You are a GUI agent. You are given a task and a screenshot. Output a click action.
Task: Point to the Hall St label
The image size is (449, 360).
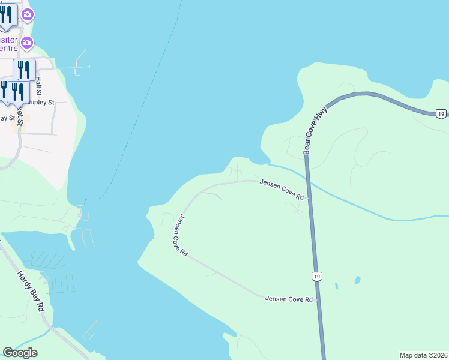38,86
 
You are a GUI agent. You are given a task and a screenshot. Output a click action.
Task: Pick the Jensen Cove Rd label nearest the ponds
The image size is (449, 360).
289,298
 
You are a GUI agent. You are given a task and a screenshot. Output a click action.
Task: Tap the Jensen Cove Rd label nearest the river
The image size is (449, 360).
282,190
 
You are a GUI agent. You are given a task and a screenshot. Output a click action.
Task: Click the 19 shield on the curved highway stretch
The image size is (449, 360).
441,113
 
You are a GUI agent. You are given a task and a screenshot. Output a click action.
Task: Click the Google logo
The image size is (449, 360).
20,353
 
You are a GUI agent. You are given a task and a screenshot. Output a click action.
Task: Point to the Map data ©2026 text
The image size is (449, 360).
423,355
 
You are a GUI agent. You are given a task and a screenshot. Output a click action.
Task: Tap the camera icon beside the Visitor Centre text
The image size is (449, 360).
27,42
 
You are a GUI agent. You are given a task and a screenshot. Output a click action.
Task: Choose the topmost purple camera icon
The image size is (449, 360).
28,14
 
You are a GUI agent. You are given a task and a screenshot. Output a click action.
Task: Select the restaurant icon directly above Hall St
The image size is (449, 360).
25,69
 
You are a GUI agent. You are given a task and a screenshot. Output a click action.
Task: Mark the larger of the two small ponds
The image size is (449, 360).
358,280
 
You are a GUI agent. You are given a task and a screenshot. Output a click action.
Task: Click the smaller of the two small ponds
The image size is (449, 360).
336,286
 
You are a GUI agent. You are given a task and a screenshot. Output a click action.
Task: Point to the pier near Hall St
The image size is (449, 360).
80,67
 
